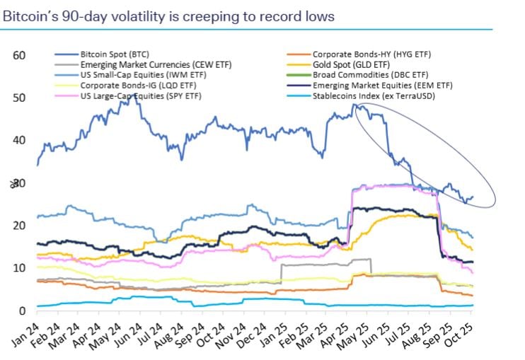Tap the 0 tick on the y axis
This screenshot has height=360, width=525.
[23, 310]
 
